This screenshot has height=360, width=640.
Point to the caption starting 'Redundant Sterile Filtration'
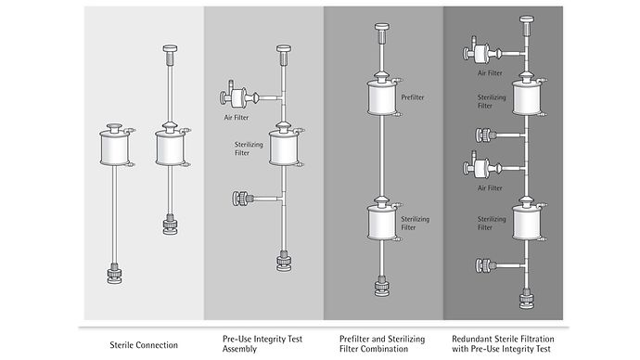coord(508,343)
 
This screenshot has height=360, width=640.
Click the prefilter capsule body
coord(381,97)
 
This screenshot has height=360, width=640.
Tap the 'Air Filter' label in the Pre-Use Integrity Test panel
coord(235,116)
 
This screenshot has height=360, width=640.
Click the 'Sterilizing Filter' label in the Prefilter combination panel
coord(414,222)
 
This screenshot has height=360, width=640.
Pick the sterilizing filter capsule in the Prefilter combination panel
coord(381,223)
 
